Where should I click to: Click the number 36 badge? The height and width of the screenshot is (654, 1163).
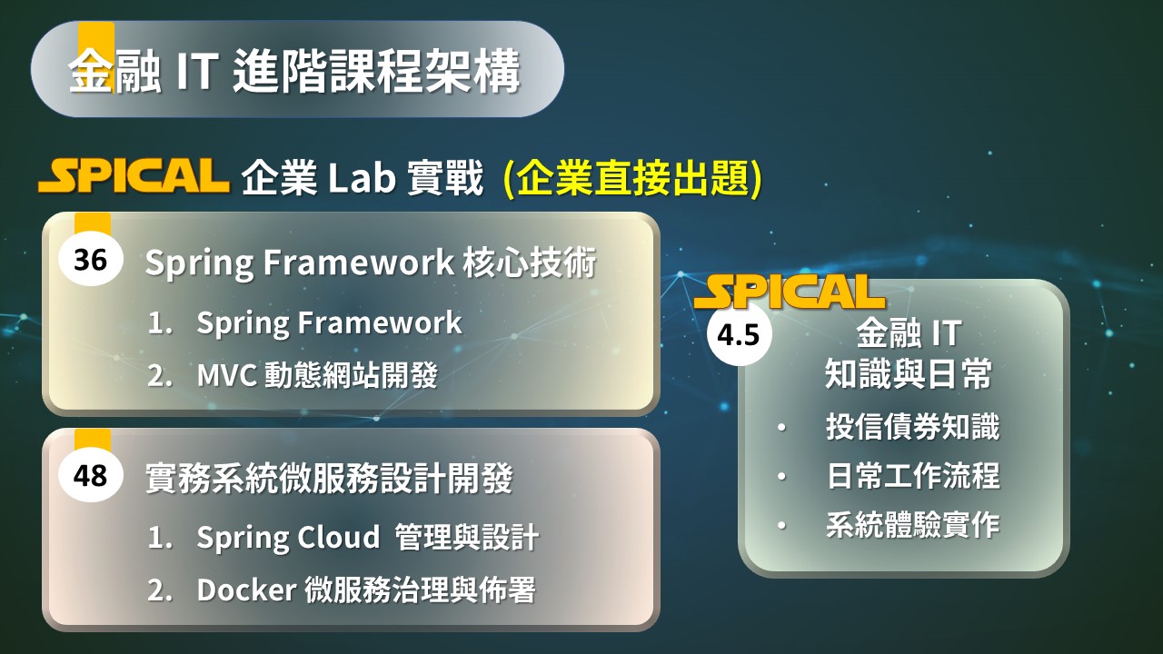coord(91,259)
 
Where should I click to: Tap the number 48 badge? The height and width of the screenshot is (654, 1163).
coord(91,475)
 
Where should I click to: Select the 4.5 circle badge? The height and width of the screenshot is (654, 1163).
coord(739,334)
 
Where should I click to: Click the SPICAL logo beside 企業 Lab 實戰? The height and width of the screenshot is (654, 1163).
coord(134,175)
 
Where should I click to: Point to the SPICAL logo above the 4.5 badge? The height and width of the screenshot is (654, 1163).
coord(790,292)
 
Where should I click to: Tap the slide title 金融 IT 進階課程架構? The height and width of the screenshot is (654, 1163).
coord(294,71)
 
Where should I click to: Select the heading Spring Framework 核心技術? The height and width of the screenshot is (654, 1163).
coord(371,263)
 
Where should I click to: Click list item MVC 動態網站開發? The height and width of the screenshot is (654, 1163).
coord(318,375)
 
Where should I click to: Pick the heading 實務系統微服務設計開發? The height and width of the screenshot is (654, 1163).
coord(329,478)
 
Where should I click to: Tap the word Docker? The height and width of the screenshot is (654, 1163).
coord(246,590)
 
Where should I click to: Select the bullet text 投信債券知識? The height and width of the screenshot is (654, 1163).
coord(913,427)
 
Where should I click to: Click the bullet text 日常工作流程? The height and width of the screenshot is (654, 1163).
coord(913,475)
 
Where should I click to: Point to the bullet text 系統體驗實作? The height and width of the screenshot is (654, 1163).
coord(913,524)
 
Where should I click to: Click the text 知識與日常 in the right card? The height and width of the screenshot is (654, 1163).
coord(909,373)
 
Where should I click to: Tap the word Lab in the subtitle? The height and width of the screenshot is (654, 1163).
coord(362,177)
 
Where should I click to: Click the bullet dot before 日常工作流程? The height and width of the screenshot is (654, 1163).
coord(782,477)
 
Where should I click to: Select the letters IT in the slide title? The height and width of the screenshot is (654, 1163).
coord(197,71)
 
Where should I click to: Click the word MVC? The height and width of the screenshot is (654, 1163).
coord(227,375)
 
